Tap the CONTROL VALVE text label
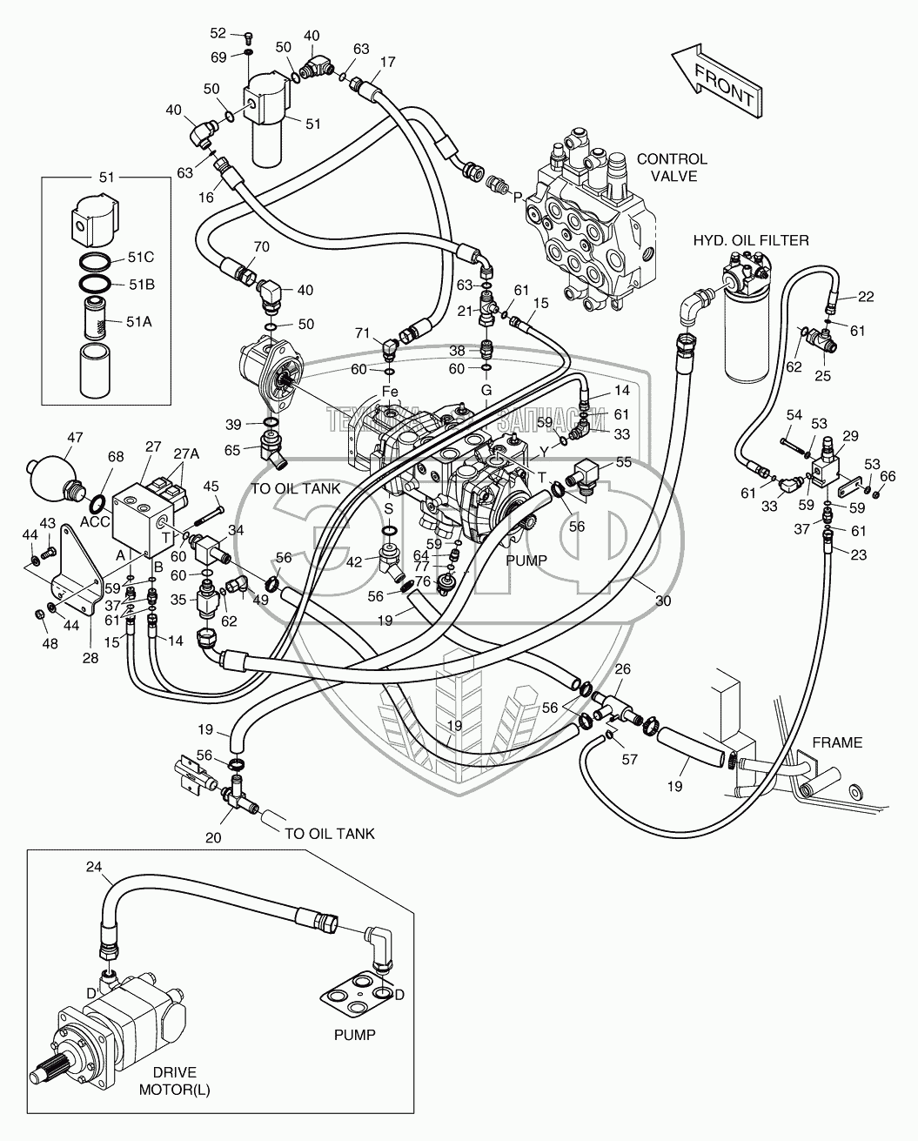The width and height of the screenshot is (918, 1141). coord(672,167)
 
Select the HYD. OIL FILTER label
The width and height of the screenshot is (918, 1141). coord(751,240)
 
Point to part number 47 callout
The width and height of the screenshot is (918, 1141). coord(76,438)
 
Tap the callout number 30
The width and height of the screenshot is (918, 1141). coord(663,601)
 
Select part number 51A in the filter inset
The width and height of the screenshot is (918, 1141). coord(139,321)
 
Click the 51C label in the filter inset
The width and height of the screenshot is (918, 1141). coord(140,257)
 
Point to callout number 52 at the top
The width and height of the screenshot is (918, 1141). coord(218,33)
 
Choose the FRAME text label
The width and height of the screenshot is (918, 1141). coord(836,742)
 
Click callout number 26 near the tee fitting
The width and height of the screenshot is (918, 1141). coord(622,668)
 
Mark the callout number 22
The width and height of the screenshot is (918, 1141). coord(865,297)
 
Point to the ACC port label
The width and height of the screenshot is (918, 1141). coord(94,521)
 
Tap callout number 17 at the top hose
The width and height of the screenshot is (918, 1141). coord(388,62)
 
